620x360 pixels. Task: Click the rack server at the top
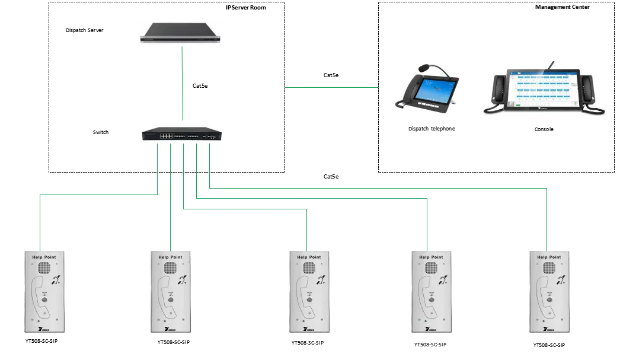tap(183, 33)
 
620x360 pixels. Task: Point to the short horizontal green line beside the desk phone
tap(330, 88)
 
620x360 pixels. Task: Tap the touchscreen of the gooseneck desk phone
tap(432, 90)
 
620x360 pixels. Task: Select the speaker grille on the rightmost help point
tap(548, 268)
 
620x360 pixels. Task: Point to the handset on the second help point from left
tap(161, 296)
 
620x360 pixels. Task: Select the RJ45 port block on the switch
tap(166, 136)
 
